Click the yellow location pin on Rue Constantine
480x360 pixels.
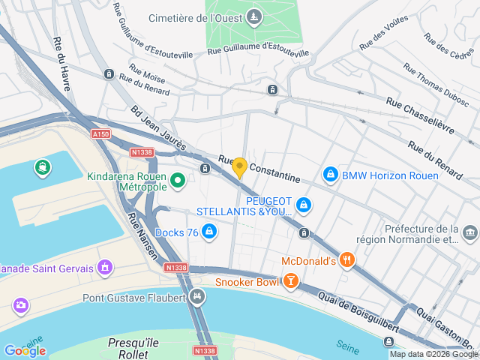pyautogui.click(x=239, y=167)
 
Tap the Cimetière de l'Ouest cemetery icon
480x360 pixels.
pyautogui.click(x=254, y=16)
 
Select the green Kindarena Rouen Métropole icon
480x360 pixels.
pyautogui.click(x=178, y=180)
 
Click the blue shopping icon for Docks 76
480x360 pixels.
pyautogui.click(x=210, y=232)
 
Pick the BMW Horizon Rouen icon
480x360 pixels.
pyautogui.click(x=329, y=175)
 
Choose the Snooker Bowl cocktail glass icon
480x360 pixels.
pyautogui.click(x=290, y=282)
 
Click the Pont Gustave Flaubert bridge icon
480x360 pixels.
pyautogui.click(x=197, y=297)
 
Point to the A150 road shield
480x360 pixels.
pyautogui.click(x=102, y=133)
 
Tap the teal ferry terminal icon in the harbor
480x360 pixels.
pyautogui.click(x=43, y=168)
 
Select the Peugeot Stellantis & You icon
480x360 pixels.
pyautogui.click(x=303, y=204)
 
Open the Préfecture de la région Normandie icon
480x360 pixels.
pyautogui.click(x=470, y=234)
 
